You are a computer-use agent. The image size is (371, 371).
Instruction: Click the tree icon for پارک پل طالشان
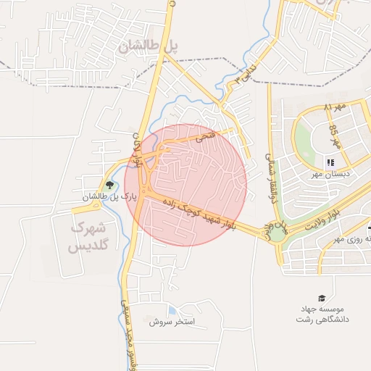pyautogui.click(x=109, y=185)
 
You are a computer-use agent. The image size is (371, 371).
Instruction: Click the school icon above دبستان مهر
pyautogui.click(x=330, y=162)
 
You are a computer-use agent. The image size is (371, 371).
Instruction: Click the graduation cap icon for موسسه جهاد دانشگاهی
pyautogui.click(x=322, y=297)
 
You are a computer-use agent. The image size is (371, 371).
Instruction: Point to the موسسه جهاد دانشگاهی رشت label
pyautogui.click(x=328, y=314)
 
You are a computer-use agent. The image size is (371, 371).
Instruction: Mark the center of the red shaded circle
pyautogui.click(x=185, y=184)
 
